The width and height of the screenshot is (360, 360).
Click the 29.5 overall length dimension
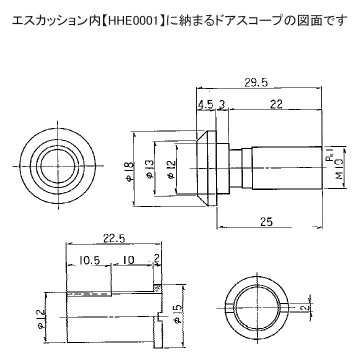(256, 82)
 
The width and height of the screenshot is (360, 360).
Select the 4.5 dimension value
(205, 105)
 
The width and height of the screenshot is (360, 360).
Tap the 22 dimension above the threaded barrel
(276, 104)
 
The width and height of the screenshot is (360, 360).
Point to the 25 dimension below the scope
(266, 222)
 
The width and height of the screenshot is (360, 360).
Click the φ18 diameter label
(129, 171)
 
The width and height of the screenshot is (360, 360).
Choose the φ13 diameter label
(149, 169)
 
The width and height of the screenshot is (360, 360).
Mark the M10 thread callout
(339, 169)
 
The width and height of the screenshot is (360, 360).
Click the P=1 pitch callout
(330, 155)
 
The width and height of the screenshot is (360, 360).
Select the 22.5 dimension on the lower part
(114, 239)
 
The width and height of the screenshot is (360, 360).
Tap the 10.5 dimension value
(89, 260)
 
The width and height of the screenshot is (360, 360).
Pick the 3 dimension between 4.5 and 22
(222, 105)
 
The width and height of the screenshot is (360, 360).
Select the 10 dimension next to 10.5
(128, 260)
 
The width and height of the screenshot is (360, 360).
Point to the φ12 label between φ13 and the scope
(171, 169)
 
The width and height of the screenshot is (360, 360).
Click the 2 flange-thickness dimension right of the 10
(157, 259)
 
